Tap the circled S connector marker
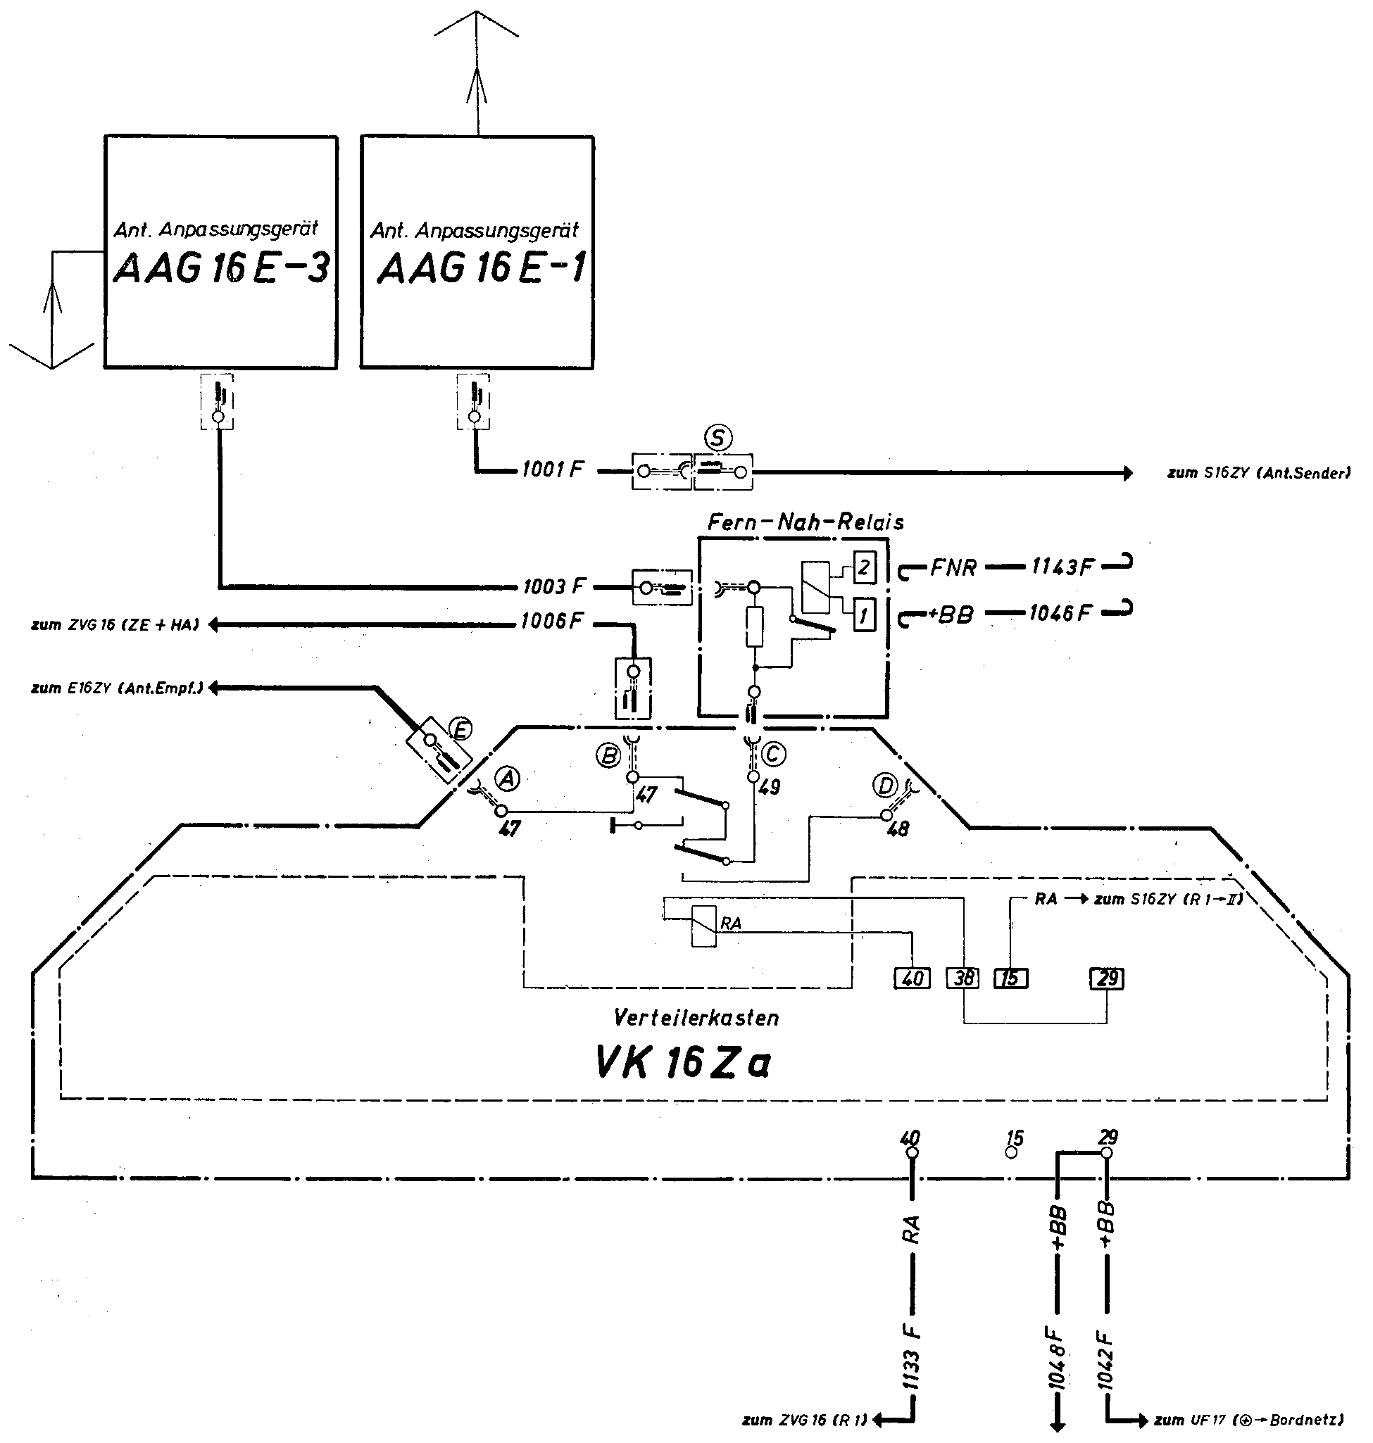point(719,439)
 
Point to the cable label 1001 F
point(553,469)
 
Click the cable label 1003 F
point(555,586)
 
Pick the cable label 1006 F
point(553,622)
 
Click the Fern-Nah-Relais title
point(805,522)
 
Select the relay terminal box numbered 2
point(865,568)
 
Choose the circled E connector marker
point(460,729)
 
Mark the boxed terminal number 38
point(963,978)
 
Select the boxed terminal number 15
point(1010,978)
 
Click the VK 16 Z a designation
point(683,1062)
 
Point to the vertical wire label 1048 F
point(1057,1356)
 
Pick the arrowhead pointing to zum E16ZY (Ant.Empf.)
point(214,688)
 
